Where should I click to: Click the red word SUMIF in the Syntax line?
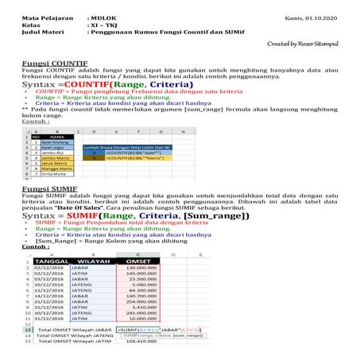(92, 216)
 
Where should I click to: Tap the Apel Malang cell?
(57, 142)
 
